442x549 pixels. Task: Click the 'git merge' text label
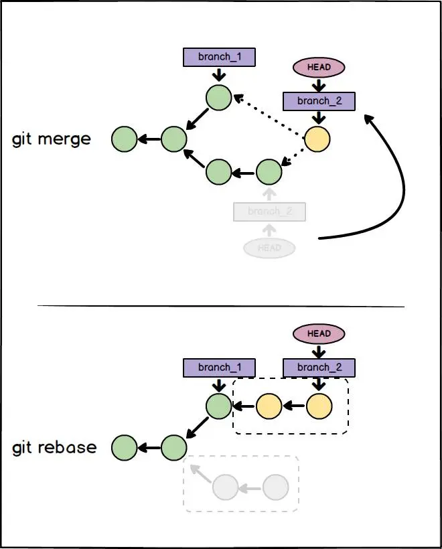[x=52, y=139]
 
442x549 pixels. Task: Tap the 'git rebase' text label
[x=54, y=447]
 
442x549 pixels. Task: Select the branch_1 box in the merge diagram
[x=219, y=57]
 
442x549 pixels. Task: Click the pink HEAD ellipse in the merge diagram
[x=319, y=68]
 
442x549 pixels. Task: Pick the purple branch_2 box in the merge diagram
[x=319, y=101]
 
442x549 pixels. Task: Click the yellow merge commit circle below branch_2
[x=317, y=139]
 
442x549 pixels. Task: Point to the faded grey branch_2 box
[x=269, y=212]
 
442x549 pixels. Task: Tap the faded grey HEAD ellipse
[x=269, y=248]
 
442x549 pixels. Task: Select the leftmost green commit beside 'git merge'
[x=124, y=139]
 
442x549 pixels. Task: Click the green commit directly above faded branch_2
[x=269, y=172]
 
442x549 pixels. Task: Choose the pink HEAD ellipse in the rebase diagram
[x=319, y=333]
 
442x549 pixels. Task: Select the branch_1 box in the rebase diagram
[x=219, y=367]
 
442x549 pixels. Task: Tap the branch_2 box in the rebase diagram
[x=319, y=367]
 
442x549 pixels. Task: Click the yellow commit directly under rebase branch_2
[x=319, y=405]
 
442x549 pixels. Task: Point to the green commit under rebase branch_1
[x=218, y=405]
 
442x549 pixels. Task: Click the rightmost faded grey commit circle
[x=275, y=487]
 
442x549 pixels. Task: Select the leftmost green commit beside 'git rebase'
[x=124, y=447]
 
